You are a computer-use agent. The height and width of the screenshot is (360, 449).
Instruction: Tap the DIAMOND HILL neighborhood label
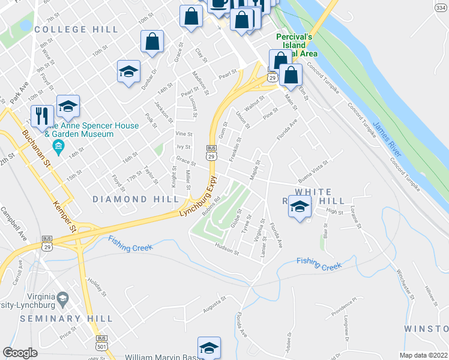pos(136,199)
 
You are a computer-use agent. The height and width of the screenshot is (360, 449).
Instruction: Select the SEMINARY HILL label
pos(66,318)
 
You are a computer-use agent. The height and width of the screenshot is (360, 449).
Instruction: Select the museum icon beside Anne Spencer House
pos(58,147)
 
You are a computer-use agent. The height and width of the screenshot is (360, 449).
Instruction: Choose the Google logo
pos(20,353)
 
